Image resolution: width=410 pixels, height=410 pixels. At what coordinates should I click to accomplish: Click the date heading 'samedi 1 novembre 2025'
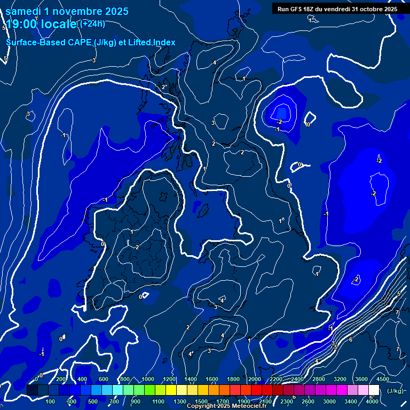(67, 11)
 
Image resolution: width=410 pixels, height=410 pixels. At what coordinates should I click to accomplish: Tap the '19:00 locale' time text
(41, 25)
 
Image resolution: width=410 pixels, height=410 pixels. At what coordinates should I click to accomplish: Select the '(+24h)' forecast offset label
(92, 23)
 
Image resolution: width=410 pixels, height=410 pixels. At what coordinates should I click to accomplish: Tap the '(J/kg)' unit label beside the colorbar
(396, 391)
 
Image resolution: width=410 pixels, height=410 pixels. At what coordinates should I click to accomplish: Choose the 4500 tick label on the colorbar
(382, 379)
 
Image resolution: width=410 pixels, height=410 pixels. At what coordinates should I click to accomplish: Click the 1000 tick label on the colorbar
(147, 379)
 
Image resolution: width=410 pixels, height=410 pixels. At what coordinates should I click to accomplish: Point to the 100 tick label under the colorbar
(51, 401)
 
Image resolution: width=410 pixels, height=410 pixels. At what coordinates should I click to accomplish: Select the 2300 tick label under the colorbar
(286, 401)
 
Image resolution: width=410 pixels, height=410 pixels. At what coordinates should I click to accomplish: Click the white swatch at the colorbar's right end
(374, 390)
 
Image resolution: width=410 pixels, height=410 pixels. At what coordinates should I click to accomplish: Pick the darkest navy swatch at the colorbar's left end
(32, 390)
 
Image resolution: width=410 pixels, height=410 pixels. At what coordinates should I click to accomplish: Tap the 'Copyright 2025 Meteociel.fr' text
(227, 406)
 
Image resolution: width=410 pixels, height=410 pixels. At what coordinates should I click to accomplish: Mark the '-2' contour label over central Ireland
(136, 247)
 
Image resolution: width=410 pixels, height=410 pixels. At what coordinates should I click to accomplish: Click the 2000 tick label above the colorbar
(254, 379)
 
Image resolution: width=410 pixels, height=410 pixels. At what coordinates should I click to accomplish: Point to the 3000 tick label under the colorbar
(329, 401)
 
